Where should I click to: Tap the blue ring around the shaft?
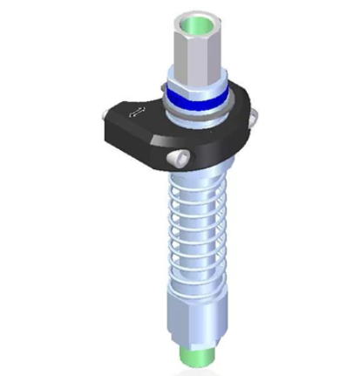click(x=193, y=98)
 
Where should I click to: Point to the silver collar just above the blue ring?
click(x=193, y=85)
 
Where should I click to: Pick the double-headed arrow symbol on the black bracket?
click(x=134, y=112)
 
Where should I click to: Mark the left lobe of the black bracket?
click(x=122, y=122)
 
